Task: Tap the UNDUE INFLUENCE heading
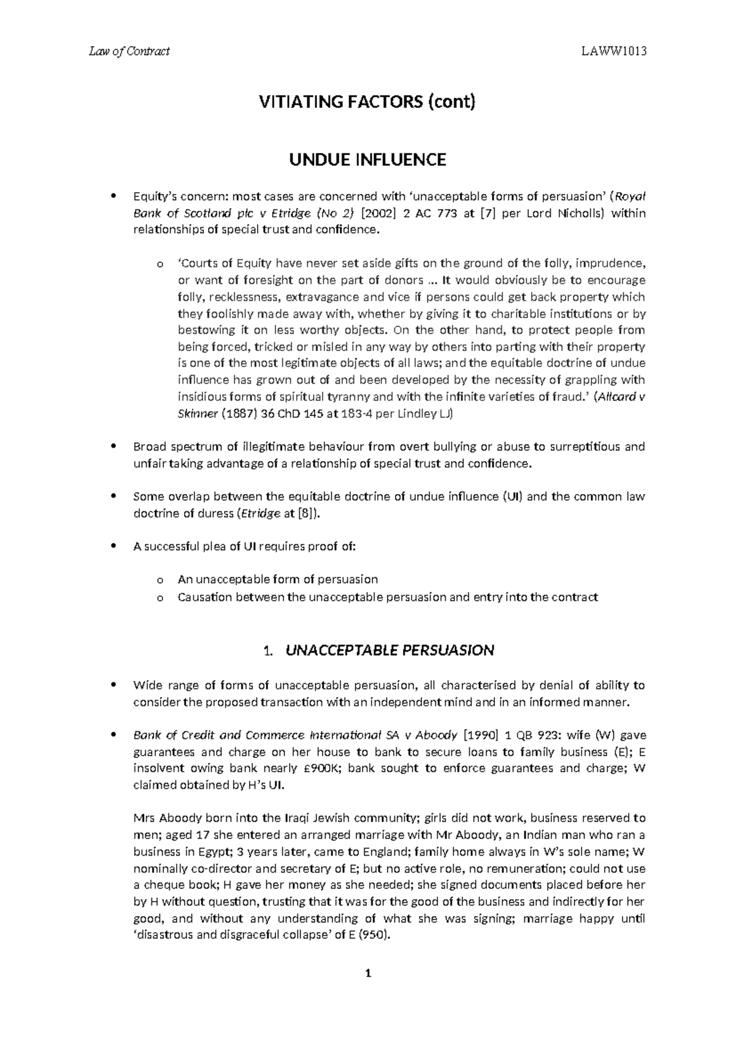click(x=368, y=160)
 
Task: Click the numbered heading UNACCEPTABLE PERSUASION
click(x=389, y=650)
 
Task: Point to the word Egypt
click(x=199, y=852)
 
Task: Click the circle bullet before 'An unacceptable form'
click(x=160, y=580)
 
